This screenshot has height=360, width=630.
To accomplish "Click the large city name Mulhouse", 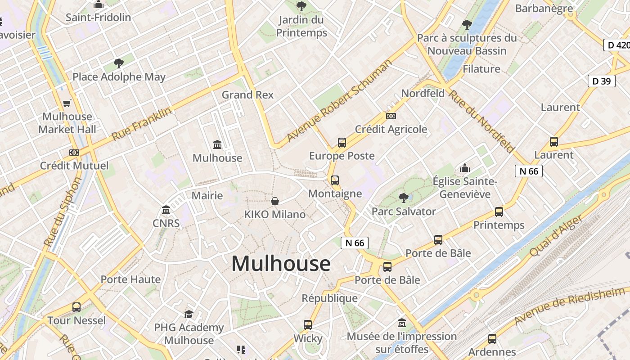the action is point(281,264).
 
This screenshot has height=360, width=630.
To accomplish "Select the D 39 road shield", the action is point(602,81).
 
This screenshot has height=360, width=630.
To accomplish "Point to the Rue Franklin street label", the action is point(141,124).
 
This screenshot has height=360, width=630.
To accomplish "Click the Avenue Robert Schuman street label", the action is point(339,101).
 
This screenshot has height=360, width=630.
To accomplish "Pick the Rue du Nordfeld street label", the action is point(481,121).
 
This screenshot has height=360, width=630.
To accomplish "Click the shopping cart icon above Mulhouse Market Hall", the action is point(67,103).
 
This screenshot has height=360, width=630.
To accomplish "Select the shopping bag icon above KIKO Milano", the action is point(275,201).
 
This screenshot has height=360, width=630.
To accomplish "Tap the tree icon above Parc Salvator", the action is point(404,198).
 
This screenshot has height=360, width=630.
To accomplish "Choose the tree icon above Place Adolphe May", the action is point(119,63).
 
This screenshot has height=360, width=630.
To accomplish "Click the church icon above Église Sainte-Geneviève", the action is point(465,168).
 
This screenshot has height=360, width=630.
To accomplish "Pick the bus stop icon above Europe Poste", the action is point(342,143).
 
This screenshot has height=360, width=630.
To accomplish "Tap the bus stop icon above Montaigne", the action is point(335,180).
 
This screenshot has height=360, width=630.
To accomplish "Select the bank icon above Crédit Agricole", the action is point(391,116).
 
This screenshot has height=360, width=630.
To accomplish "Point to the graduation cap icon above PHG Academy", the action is point(189,314).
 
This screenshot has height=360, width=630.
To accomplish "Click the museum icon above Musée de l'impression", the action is point(402,323).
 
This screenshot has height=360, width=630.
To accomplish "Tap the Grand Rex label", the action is point(247,95).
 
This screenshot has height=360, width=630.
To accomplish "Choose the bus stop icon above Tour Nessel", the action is point(76,307).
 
